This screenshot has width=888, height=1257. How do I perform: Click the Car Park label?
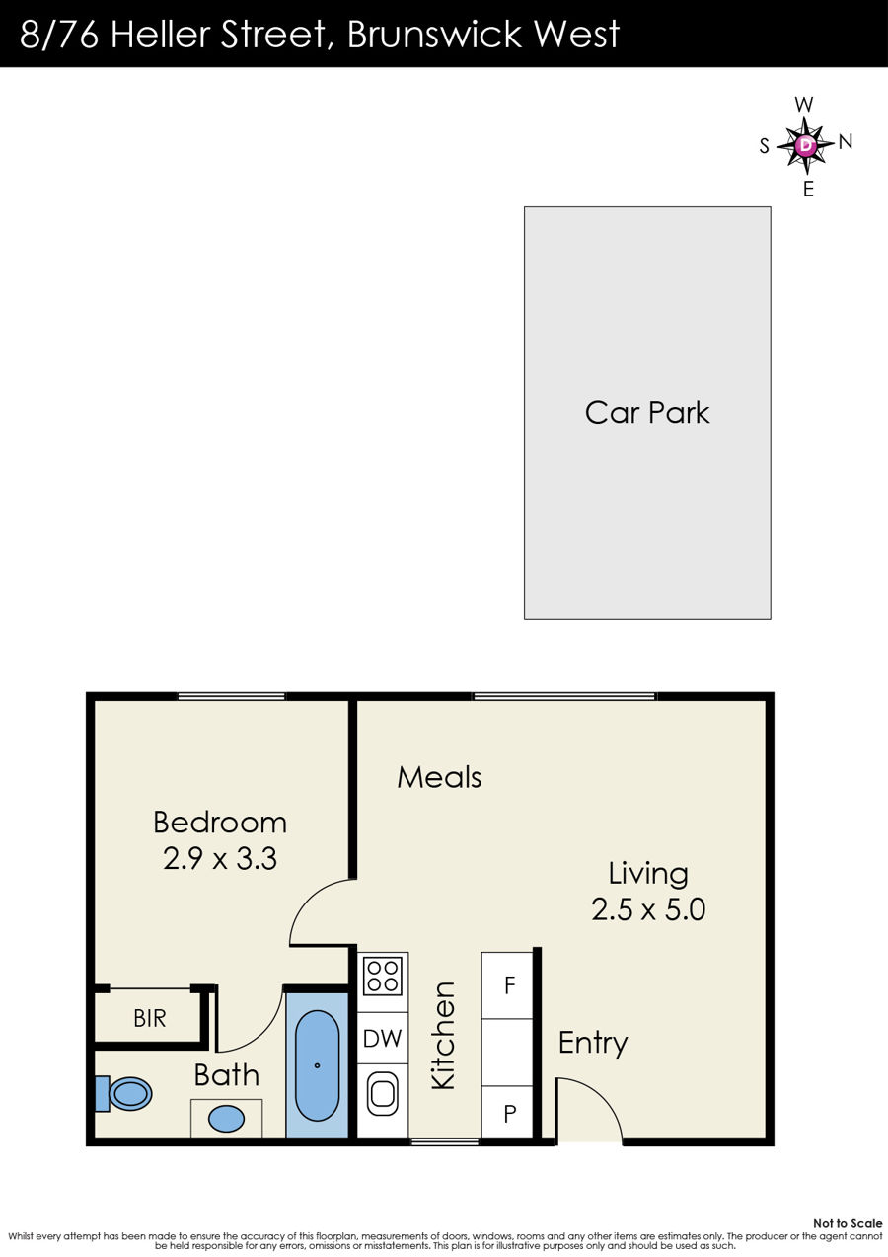pos(647,413)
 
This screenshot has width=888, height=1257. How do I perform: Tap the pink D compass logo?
pos(806,145)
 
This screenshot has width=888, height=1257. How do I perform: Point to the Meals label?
pos(439,777)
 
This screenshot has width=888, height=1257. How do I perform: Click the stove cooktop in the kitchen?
pos(383,976)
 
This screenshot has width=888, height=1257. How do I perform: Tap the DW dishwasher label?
pos(383,1038)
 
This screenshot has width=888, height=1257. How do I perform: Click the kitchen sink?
pos(383,1094)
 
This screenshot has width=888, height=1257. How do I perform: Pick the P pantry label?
pos(509,1113)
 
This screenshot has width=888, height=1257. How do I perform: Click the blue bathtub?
pos(318,1065)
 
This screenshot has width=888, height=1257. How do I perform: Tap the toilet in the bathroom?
pos(124,1093)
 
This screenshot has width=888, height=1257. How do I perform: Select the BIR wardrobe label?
pos(150,1018)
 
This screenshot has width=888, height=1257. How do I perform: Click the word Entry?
pos(593,1043)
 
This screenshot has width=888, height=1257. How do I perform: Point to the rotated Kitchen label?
pos(443,1036)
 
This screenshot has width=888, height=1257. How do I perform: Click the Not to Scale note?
pos(848,1223)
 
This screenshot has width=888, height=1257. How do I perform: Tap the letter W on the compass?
pos(804,104)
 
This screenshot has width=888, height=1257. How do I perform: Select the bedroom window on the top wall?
pos(232,696)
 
